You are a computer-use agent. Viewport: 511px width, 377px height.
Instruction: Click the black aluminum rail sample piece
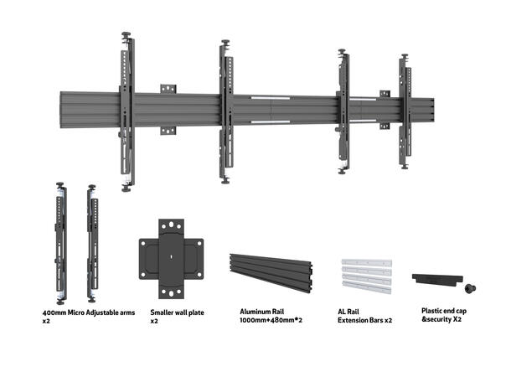[x=271, y=268]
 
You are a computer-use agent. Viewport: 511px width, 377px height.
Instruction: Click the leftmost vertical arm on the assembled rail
[x=126, y=113]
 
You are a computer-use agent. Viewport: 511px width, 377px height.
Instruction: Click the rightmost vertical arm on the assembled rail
[x=405, y=113]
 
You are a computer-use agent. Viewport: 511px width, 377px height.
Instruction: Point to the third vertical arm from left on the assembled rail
[x=344, y=113]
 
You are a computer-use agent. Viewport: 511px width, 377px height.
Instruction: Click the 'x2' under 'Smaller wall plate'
[x=154, y=321]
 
